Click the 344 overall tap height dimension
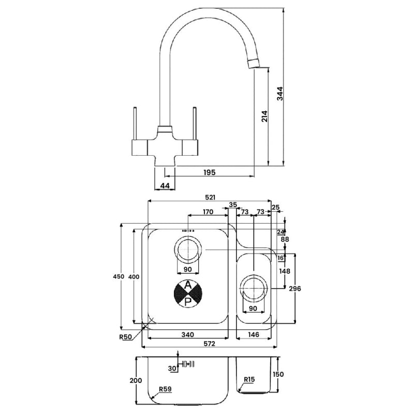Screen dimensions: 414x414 [280, 94]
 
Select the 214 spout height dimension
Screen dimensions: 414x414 [264, 116]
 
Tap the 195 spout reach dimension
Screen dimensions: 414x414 [210, 172]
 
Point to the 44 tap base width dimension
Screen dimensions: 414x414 [165, 186]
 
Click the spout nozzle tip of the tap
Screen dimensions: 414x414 [254, 64]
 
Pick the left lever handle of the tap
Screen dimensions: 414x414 [135, 124]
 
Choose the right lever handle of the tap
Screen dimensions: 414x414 [195, 124]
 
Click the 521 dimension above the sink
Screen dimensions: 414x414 [210, 197]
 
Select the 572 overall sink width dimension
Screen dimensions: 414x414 [210, 344]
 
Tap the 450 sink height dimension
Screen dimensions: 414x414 [119, 276]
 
